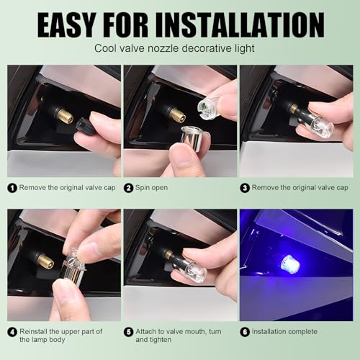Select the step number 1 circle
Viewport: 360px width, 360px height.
pos(12,188)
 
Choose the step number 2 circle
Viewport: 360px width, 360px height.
pos(129,188)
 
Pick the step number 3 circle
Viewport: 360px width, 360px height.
pos(245,188)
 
